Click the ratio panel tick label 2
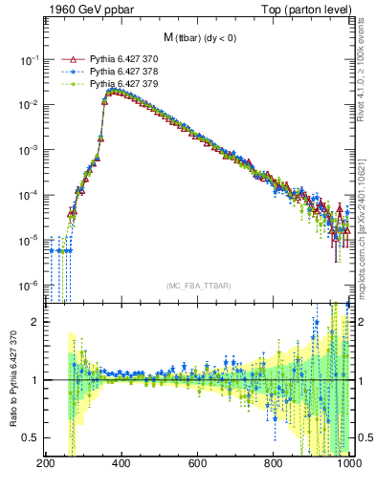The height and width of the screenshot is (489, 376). pos(33,323)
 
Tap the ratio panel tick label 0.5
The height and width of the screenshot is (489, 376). pos(30,437)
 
